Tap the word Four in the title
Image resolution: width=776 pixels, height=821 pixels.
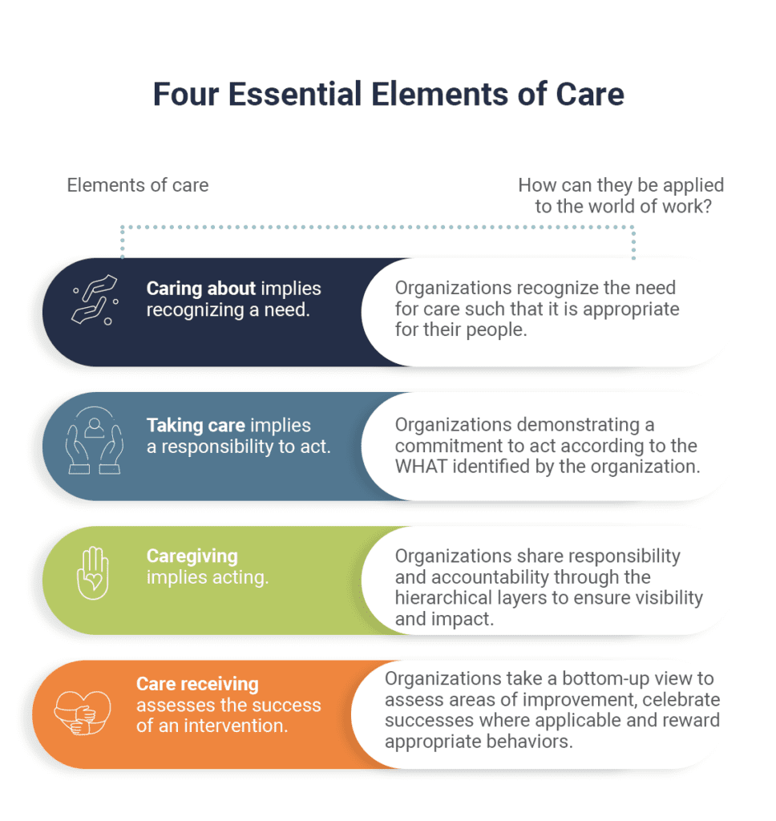(186, 95)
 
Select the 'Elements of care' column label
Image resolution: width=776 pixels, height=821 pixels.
(138, 185)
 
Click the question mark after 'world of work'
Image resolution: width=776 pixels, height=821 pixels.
(707, 206)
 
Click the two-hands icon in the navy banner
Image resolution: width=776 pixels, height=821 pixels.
(95, 300)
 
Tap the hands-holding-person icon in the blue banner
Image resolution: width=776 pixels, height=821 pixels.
(95, 440)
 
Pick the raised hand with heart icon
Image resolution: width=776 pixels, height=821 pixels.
(93, 572)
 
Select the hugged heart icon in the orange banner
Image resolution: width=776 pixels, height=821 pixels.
(83, 713)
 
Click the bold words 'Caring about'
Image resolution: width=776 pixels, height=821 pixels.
(201, 289)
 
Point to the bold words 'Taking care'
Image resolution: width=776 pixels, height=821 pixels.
(196, 425)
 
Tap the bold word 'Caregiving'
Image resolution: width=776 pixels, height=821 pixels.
(192, 556)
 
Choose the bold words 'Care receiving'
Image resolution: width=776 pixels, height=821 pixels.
(197, 685)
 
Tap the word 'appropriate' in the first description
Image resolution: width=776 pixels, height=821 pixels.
(631, 310)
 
